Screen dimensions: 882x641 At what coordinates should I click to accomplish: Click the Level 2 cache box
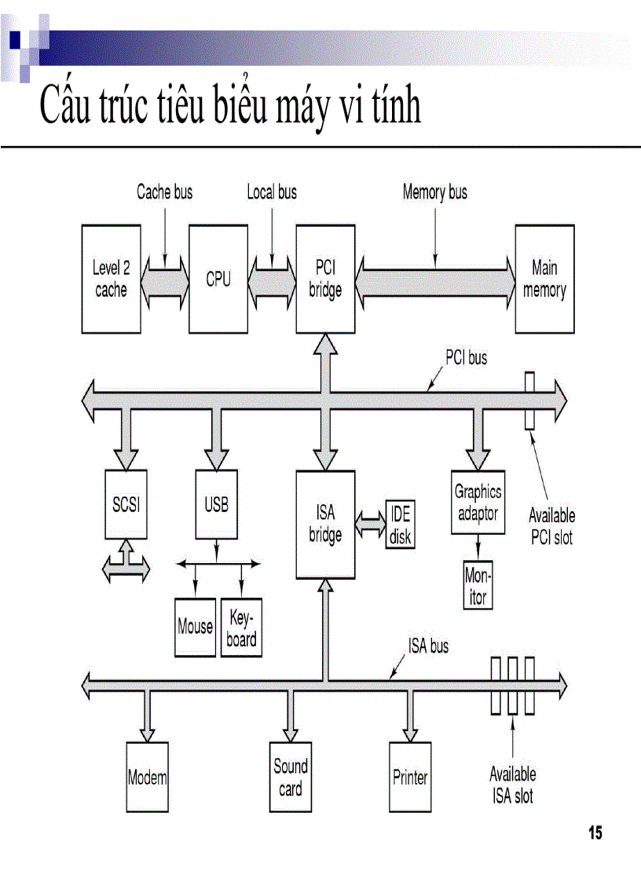(x=111, y=279)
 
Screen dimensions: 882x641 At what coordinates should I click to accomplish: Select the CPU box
(x=218, y=279)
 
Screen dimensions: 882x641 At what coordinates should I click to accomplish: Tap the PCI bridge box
(x=325, y=279)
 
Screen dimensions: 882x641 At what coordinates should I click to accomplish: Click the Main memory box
(x=544, y=279)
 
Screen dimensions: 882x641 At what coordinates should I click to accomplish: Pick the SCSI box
(x=126, y=504)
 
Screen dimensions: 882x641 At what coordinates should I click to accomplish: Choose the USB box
(x=216, y=504)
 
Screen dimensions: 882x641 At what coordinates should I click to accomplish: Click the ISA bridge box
(x=325, y=524)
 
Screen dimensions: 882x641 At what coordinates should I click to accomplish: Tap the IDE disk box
(x=400, y=525)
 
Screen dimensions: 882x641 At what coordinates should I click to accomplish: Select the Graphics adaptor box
(x=478, y=503)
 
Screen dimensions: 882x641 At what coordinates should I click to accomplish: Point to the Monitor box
(x=478, y=586)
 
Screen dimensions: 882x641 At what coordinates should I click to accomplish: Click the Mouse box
(x=195, y=627)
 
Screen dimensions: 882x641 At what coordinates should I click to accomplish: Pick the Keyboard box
(x=241, y=628)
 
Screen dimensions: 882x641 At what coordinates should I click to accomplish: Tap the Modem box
(x=148, y=778)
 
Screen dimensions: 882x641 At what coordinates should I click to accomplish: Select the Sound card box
(x=291, y=777)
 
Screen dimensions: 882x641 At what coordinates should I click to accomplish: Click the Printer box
(x=410, y=778)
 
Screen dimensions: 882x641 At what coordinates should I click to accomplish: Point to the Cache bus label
(x=164, y=192)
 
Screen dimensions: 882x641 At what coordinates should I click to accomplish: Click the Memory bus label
(x=434, y=192)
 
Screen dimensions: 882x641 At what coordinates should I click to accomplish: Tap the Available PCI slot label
(x=551, y=526)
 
